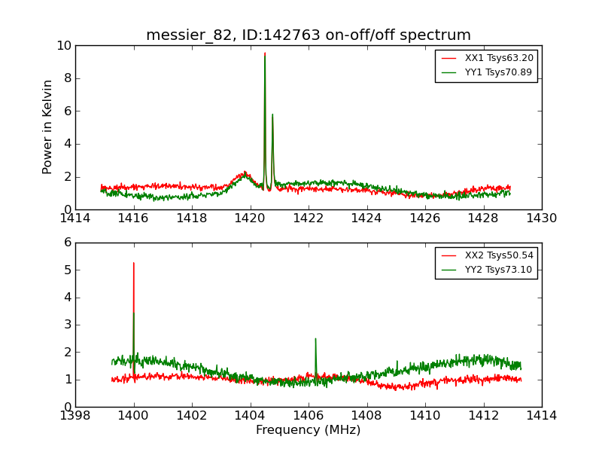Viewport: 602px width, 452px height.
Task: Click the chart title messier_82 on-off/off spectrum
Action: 309,35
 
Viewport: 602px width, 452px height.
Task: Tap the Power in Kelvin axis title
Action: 48,127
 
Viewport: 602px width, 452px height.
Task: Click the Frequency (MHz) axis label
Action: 308,430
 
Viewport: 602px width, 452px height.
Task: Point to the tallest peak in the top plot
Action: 265,53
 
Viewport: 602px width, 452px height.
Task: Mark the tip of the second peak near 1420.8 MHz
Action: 272,115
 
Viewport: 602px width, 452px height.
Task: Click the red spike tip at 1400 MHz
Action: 134,263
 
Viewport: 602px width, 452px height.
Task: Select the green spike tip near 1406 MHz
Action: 315,339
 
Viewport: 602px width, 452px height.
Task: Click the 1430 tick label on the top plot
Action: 541,218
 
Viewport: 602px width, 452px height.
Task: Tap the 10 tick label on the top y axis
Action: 64,45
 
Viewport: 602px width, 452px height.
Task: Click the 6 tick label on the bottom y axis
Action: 67,243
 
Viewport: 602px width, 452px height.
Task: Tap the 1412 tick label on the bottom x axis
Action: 483,416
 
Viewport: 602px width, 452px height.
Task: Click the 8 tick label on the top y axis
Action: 67,78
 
